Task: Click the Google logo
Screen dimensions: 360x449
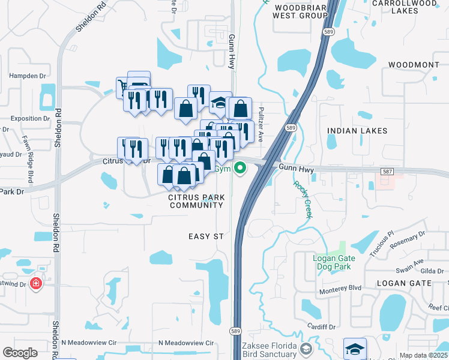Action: coord(20,352)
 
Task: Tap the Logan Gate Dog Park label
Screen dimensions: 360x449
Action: coord(334,262)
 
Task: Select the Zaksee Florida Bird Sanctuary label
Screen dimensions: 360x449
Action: coord(269,350)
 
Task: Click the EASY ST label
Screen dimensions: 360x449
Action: coord(206,237)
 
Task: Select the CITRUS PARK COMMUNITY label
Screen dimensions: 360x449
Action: coord(196,201)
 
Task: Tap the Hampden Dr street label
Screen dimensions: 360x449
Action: coord(27,76)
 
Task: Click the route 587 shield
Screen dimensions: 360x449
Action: coord(387,172)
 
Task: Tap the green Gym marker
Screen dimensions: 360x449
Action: coord(241,169)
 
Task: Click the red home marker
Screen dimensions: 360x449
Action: coord(36,283)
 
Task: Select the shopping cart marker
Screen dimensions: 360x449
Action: coord(123,85)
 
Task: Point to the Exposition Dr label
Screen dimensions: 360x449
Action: coord(30,119)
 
